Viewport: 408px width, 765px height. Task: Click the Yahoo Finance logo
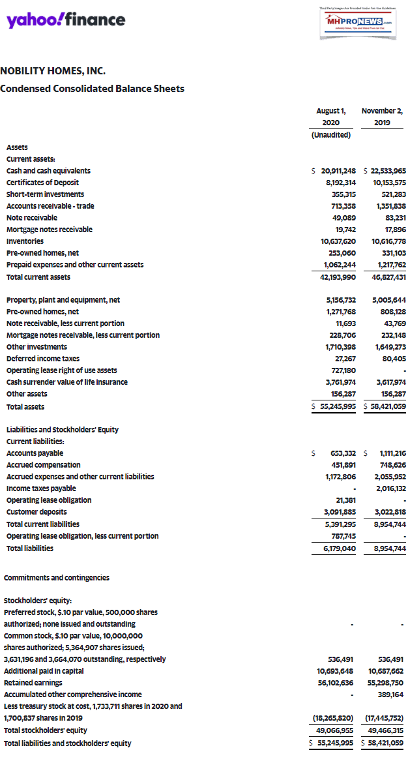(x=66, y=20)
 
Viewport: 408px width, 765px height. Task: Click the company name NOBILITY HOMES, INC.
(x=53, y=70)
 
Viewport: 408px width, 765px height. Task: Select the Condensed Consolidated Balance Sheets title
(x=92, y=89)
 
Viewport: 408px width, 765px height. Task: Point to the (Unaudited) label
(x=330, y=135)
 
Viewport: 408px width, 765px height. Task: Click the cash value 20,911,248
(x=334, y=171)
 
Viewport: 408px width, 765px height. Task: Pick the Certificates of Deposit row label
(x=43, y=183)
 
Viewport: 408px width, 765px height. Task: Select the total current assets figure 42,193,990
(x=334, y=277)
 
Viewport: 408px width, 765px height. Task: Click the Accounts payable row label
(x=35, y=453)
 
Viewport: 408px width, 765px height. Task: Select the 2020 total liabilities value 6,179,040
(x=334, y=548)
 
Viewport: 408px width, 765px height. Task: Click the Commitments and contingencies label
(x=57, y=578)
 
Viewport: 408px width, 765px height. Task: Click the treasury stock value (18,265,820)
(x=332, y=718)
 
